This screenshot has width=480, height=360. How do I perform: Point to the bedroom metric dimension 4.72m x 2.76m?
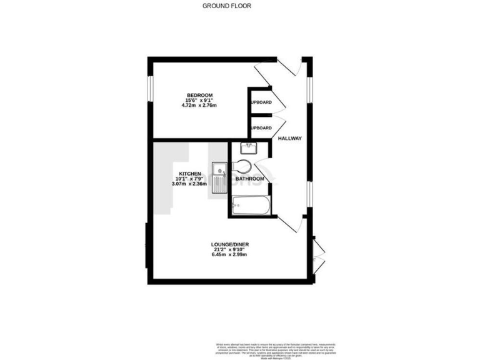coord(194,106)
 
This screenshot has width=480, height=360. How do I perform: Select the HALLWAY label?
coord(290,139)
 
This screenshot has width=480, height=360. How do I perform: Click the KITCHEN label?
coord(190,173)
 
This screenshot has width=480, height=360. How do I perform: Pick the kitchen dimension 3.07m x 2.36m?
coord(190,184)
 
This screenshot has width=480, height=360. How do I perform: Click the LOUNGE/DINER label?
coord(230,244)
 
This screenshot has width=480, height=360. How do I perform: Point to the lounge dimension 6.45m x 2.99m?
coord(230,255)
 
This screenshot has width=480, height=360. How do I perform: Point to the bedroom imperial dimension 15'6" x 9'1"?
coord(194,100)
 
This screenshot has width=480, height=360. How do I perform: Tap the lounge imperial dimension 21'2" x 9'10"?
coord(230,250)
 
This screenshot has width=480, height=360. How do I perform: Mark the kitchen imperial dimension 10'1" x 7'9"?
coord(190,179)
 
